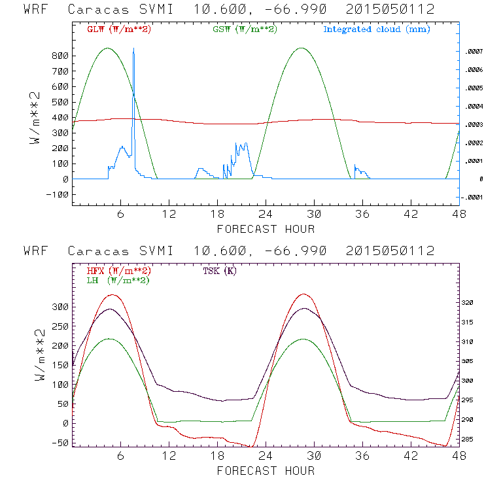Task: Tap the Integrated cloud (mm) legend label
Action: (377, 29)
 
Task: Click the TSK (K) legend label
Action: (219, 271)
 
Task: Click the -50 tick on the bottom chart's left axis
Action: (59, 443)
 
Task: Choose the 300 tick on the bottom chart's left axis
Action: (59, 307)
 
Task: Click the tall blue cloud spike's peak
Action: (133, 48)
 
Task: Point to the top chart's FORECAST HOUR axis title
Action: (266, 229)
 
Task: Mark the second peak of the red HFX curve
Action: (303, 294)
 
